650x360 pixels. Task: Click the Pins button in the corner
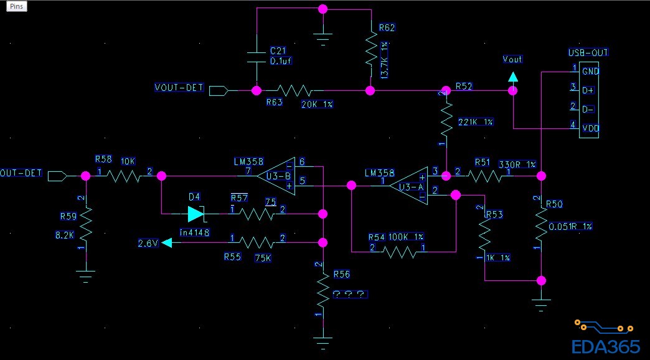(x=17, y=6)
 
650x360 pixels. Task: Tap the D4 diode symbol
(x=195, y=214)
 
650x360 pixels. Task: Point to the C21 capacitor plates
(x=256, y=57)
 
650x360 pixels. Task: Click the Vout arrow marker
(x=512, y=77)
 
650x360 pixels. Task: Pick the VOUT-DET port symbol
(x=218, y=90)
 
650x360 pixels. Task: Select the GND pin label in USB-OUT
(x=590, y=72)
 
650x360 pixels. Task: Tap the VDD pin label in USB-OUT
(x=590, y=128)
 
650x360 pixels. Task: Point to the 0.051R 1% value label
(x=570, y=226)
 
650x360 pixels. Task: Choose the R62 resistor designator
(x=386, y=28)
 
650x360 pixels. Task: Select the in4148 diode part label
(x=194, y=232)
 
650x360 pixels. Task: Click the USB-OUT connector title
(x=588, y=52)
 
